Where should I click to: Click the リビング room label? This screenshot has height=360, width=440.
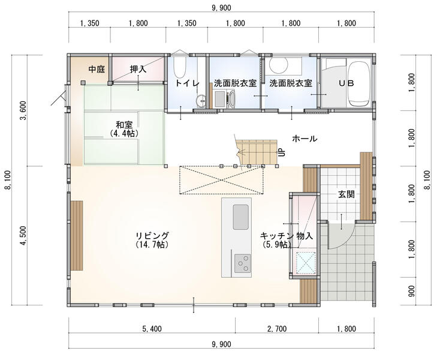152,235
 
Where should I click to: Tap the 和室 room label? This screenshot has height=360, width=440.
124,124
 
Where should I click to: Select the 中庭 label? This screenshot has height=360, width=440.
97,69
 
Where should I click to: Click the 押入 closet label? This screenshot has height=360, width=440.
138,69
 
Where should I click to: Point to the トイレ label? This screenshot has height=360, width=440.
187,83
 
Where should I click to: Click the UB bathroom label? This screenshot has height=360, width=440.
346,83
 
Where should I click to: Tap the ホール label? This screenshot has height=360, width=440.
305,139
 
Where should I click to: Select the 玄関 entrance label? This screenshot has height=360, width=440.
346,194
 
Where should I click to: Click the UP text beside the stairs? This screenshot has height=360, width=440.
281,152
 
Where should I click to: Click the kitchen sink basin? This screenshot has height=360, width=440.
240,217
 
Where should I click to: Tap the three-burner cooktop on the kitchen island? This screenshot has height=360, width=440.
242,263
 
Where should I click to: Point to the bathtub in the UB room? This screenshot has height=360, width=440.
358,83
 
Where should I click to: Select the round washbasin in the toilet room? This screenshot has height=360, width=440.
201,101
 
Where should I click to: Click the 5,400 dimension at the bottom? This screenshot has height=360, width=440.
152,329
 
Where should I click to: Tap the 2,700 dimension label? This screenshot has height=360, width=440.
277,329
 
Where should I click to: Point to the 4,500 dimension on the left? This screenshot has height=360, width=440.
23,235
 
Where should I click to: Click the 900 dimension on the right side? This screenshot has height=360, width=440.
411,291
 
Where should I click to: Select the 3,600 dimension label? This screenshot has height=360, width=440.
23,110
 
